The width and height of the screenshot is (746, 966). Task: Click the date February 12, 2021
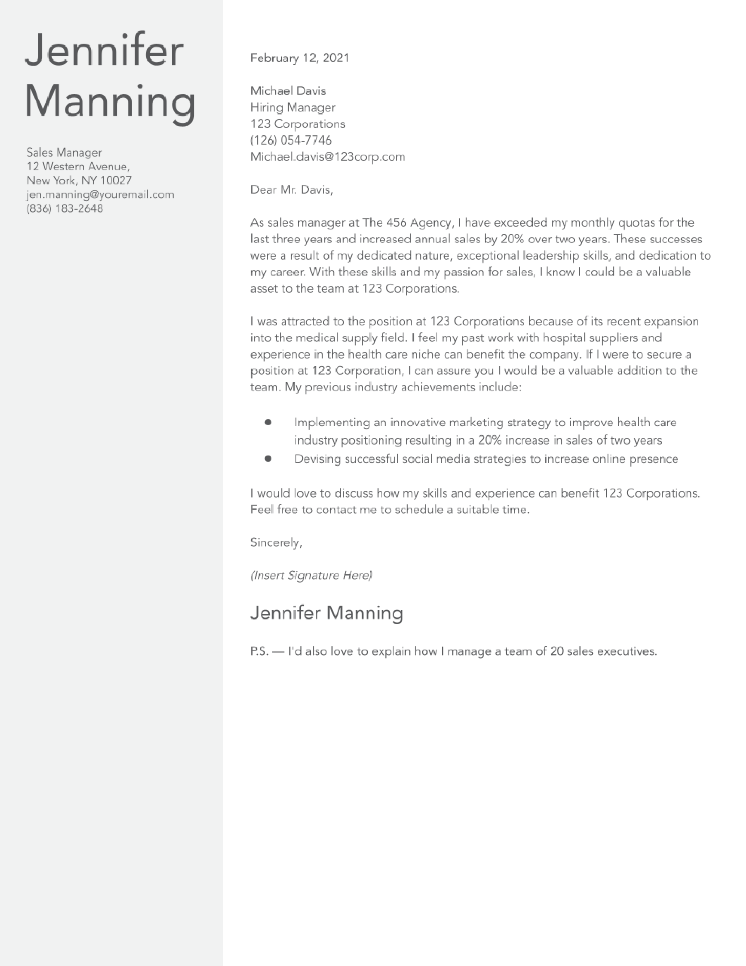tap(300, 58)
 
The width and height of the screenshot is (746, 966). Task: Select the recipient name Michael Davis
tap(288, 91)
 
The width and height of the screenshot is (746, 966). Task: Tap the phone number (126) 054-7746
tap(291, 140)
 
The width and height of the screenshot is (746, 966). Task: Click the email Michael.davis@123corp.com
tap(327, 157)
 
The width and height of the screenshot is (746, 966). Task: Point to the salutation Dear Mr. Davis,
tap(292, 190)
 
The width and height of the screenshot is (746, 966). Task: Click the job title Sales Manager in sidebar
tap(64, 153)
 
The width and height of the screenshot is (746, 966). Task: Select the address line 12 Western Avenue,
tap(78, 167)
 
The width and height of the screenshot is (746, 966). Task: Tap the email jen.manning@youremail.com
tap(100, 195)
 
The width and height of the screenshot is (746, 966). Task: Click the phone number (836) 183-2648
tap(65, 209)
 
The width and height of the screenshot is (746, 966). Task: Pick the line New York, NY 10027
tap(79, 180)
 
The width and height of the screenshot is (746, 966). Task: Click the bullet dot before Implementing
tap(268, 422)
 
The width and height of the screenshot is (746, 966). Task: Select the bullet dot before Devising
tap(268, 459)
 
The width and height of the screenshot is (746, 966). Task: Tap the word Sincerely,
tap(276, 543)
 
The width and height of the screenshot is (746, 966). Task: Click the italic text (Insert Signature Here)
tap(311, 576)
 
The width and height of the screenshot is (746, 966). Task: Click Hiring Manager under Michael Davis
tap(293, 107)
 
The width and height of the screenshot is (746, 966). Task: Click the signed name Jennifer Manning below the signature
tap(326, 613)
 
